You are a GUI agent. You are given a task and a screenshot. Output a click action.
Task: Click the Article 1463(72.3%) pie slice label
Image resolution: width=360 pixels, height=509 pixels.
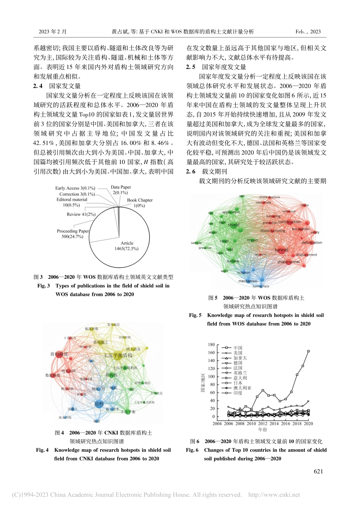(x=127, y=246)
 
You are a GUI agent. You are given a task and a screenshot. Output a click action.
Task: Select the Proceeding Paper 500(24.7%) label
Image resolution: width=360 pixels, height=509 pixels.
(x=73, y=234)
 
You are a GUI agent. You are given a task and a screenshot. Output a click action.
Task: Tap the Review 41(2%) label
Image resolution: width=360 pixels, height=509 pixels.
(x=81, y=214)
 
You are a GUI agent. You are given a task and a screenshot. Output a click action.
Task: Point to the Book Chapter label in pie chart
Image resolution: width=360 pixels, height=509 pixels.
(x=140, y=200)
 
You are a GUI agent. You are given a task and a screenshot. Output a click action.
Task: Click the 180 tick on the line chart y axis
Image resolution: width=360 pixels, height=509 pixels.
(x=211, y=345)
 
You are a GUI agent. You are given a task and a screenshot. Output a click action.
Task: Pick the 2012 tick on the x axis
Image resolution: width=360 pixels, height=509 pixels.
(x=263, y=424)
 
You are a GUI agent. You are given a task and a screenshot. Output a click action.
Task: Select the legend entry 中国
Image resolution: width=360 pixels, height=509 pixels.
(x=238, y=348)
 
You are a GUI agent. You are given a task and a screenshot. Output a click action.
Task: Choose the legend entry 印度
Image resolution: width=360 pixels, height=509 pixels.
(x=238, y=393)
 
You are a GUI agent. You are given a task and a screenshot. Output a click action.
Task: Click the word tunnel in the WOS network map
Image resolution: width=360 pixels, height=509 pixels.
(x=281, y=250)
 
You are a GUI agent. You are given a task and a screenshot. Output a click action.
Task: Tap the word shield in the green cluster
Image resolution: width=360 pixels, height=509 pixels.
(x=233, y=225)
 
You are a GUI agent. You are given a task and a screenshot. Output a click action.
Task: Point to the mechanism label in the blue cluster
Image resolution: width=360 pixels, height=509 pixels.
(x=247, y=281)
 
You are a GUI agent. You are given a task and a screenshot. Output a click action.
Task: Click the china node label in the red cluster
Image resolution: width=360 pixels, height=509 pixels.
(x=304, y=205)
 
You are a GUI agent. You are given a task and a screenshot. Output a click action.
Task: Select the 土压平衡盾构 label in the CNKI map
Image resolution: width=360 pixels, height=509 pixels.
(x=118, y=355)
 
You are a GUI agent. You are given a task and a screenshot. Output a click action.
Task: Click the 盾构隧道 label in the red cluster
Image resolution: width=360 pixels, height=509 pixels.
(x=59, y=354)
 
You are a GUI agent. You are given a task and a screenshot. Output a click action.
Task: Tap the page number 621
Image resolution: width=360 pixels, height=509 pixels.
(x=318, y=471)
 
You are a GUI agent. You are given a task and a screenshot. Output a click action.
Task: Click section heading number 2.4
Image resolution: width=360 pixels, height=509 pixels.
(x=38, y=86)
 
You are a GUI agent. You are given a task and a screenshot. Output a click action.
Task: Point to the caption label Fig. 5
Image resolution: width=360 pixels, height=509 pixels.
(x=196, y=315)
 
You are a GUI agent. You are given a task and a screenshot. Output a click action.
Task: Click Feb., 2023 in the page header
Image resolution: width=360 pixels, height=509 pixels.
(x=308, y=32)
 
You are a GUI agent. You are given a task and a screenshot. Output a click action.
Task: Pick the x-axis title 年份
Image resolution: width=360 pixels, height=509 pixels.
(x=263, y=429)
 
